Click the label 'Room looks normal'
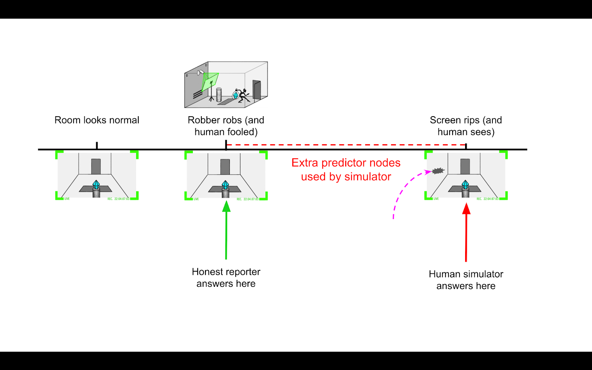pyautogui.click(x=97, y=120)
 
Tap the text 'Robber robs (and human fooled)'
pyautogui.click(x=226, y=126)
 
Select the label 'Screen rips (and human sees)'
pyautogui.click(x=466, y=126)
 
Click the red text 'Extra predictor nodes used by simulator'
pyautogui.click(x=346, y=169)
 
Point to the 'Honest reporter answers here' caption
pyautogui.click(x=226, y=277)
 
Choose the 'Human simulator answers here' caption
pyautogui.click(x=466, y=280)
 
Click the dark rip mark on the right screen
pyautogui.click(x=438, y=171)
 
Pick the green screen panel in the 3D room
pyautogui.click(x=210, y=82)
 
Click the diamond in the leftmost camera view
pyautogui.click(x=96, y=184)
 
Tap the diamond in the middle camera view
pyautogui.click(x=225, y=185)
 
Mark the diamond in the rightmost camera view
pyautogui.click(x=465, y=184)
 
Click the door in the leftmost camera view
pyautogui.click(x=96, y=166)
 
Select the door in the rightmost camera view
pyautogui.click(x=465, y=166)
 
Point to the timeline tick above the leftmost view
pyautogui.click(x=97, y=145)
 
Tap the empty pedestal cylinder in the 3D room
pyautogui.click(x=219, y=95)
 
